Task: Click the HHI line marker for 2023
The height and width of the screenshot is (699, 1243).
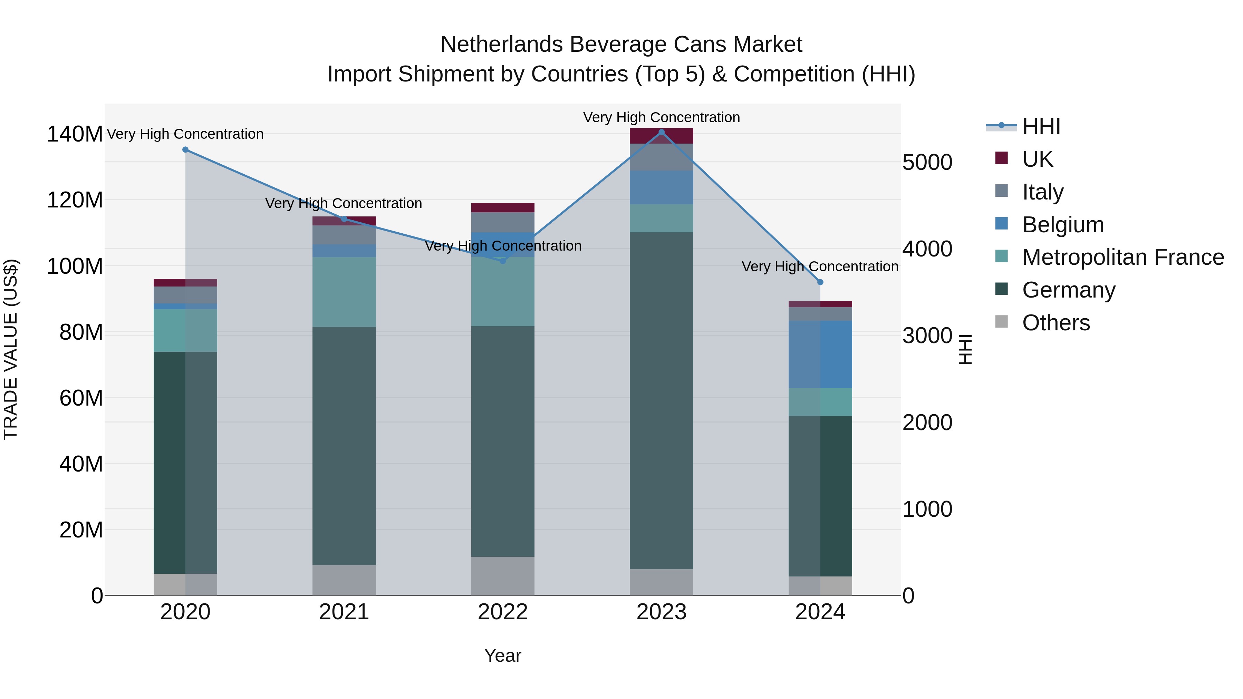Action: tap(662, 132)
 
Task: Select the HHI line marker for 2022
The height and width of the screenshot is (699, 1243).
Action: tap(503, 261)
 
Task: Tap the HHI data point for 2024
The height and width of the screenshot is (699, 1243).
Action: tap(820, 282)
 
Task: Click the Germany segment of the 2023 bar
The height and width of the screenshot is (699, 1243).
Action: tap(662, 400)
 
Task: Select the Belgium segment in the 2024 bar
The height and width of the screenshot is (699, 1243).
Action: tap(820, 355)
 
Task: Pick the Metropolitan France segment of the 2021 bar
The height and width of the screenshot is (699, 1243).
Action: tap(344, 292)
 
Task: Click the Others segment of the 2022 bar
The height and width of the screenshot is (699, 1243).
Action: tap(503, 576)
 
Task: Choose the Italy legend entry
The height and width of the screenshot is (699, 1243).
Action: tap(1042, 192)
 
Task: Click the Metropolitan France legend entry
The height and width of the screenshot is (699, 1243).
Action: tap(1122, 257)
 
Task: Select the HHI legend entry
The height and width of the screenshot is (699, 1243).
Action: tap(1041, 126)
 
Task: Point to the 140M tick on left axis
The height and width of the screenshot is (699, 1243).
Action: tap(75, 134)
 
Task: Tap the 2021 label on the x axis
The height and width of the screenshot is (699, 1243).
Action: tap(344, 612)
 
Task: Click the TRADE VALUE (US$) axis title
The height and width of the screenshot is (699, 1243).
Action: tap(11, 349)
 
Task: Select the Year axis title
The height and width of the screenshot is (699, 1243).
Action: tap(503, 656)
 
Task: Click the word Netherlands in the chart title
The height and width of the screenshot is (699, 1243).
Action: tap(502, 45)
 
